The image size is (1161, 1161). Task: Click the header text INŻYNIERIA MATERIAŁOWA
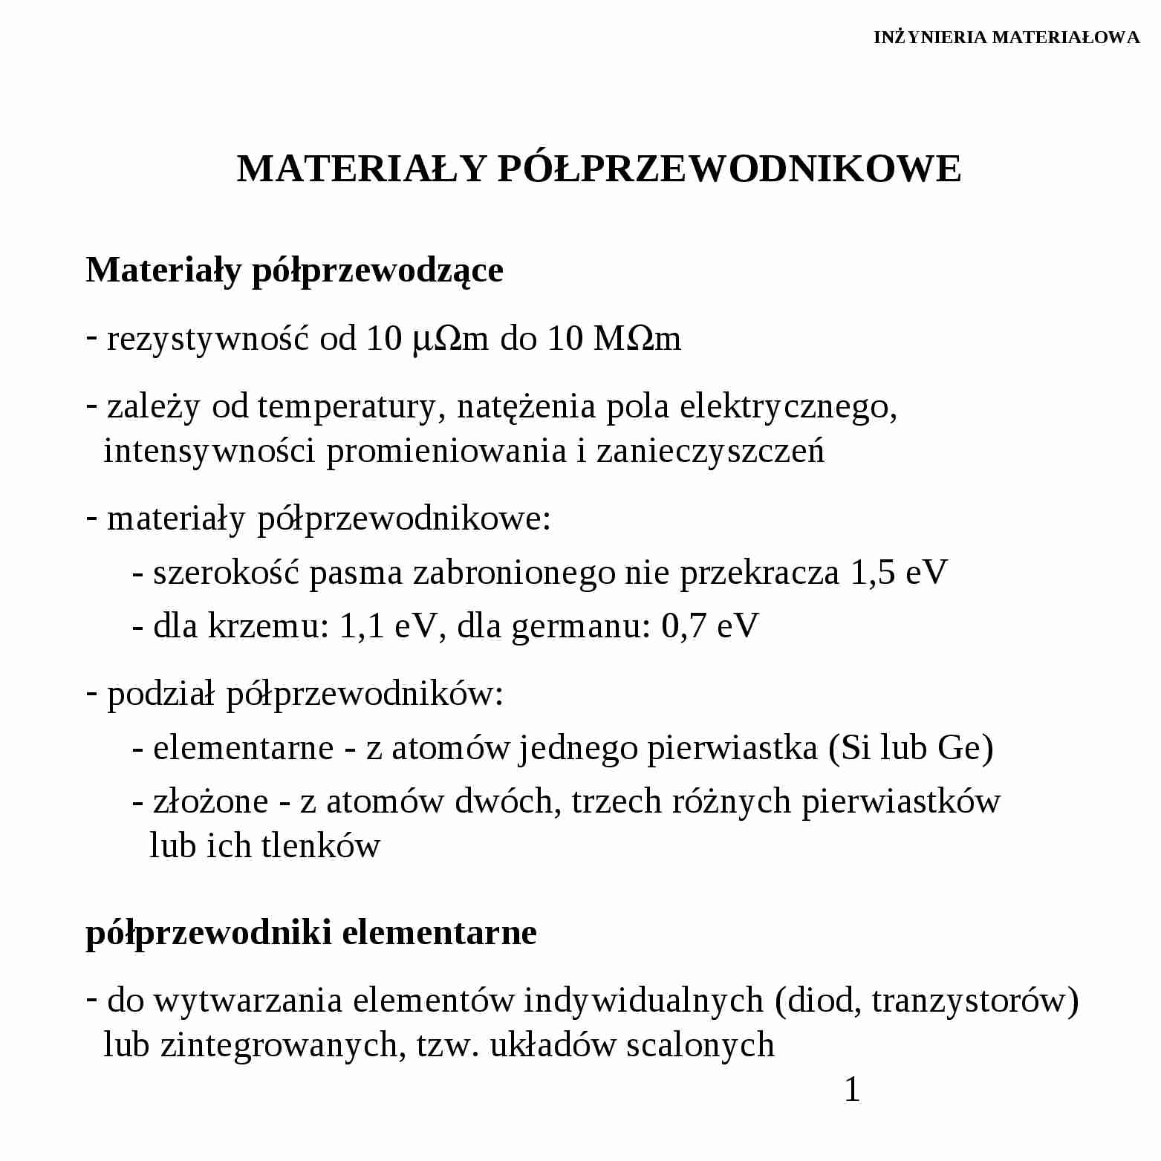1006,37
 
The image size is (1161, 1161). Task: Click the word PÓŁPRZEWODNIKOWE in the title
729,169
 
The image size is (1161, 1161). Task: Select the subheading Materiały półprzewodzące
294,270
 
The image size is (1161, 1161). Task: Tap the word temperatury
347,407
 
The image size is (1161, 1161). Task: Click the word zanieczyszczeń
710,451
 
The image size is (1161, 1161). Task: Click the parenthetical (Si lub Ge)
911,747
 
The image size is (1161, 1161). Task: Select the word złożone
210,801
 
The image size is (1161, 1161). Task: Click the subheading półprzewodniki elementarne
311,932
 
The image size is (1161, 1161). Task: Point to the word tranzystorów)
975,1001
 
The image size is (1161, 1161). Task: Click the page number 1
852,1090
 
